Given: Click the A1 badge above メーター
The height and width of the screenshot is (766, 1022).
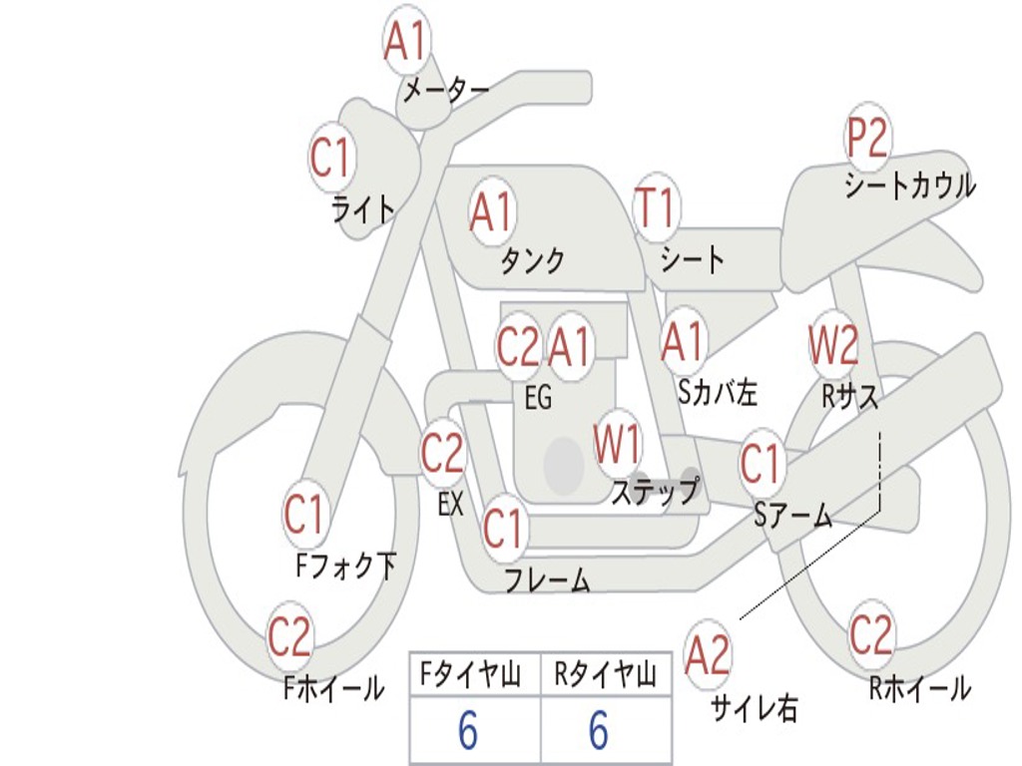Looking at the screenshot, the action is pyautogui.click(x=406, y=43).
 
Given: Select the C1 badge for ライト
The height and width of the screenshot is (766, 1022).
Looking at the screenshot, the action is pyautogui.click(x=332, y=158).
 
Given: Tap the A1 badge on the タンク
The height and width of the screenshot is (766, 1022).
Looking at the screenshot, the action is pyautogui.click(x=491, y=212).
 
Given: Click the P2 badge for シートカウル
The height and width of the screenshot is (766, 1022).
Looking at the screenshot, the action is pyautogui.click(x=867, y=139).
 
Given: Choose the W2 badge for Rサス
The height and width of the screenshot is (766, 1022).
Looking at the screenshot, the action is pyautogui.click(x=833, y=346).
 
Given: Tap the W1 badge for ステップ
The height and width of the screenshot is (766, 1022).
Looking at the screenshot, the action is pyautogui.click(x=618, y=445).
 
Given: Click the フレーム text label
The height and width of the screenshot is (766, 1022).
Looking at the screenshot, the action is pyautogui.click(x=547, y=580).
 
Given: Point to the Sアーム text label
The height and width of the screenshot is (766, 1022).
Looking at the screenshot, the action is pyautogui.click(x=794, y=516).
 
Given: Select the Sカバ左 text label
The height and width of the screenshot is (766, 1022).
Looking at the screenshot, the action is pyautogui.click(x=718, y=393).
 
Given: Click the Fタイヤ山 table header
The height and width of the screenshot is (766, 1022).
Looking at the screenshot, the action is pyautogui.click(x=469, y=677).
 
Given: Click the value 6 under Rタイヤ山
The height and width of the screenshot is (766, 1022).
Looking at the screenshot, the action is pyautogui.click(x=599, y=732).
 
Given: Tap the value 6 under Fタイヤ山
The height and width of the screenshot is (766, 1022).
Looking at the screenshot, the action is pyautogui.click(x=468, y=732).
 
